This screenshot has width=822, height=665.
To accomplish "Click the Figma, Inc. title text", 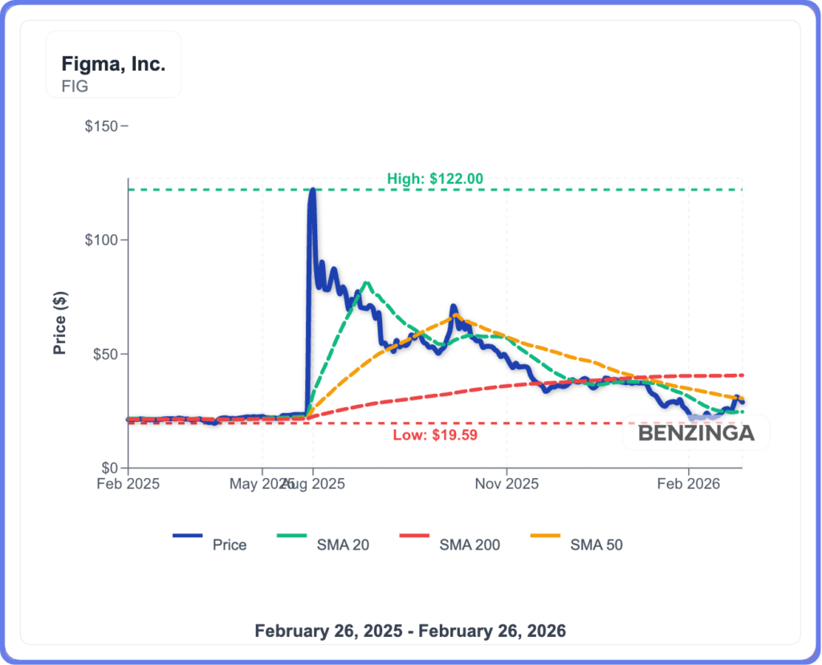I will pyautogui.click(x=113, y=65).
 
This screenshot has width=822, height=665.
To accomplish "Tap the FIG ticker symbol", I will pyautogui.click(x=75, y=86).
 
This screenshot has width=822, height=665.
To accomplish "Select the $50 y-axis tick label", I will pyautogui.click(x=105, y=354).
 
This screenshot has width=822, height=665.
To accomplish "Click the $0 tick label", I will pyautogui.click(x=109, y=468).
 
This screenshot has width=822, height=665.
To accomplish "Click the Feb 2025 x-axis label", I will pyautogui.click(x=128, y=485).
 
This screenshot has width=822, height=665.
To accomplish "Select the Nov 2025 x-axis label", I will pyautogui.click(x=507, y=485).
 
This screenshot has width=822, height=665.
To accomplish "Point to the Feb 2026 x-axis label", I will pyautogui.click(x=689, y=485).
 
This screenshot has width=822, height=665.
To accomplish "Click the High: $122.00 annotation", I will pyautogui.click(x=435, y=179).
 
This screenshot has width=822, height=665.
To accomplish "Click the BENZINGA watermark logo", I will pyautogui.click(x=697, y=434).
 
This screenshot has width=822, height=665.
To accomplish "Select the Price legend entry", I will pyautogui.click(x=229, y=545).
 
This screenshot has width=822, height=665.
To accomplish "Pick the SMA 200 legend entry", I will pyautogui.click(x=470, y=545).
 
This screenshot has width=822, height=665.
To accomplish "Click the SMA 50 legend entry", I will pyautogui.click(x=596, y=545).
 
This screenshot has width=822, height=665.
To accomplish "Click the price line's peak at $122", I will pyautogui.click(x=311, y=191).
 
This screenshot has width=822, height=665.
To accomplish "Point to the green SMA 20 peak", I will pyautogui.click(x=366, y=282).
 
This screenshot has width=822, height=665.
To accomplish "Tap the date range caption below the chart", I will pyautogui.click(x=410, y=631).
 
